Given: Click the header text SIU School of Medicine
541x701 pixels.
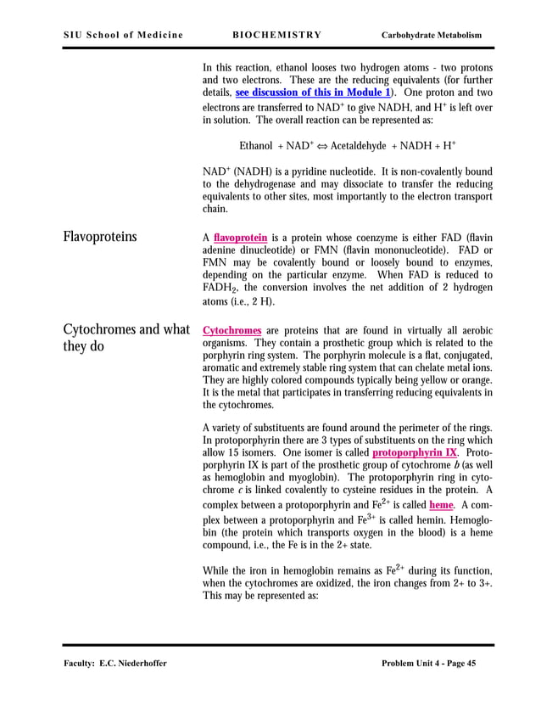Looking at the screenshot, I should (x=123, y=35).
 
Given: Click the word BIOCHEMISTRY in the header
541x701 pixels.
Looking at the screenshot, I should (x=276, y=35).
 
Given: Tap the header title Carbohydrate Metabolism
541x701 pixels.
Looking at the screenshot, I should (x=432, y=35).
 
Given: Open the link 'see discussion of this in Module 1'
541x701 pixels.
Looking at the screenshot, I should (x=308, y=92).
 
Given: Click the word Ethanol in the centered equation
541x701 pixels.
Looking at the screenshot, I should (x=256, y=145).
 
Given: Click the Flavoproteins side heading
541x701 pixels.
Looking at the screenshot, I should (x=99, y=237).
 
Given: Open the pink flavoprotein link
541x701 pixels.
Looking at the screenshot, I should (x=241, y=238).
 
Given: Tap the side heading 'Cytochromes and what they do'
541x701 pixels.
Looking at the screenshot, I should (x=125, y=338).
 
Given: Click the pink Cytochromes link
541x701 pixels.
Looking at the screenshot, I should (x=231, y=329).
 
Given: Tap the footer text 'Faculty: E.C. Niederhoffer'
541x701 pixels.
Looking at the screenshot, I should (x=114, y=663).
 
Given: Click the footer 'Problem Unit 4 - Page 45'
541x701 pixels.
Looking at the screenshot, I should (x=429, y=663).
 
